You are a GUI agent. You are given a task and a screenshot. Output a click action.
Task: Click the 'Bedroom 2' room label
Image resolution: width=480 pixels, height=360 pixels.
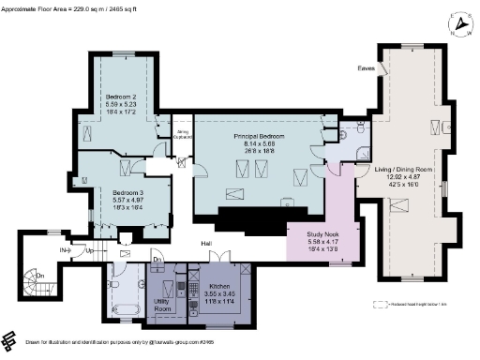pos(120,96)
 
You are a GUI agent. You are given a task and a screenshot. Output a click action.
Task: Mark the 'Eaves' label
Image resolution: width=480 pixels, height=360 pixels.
pos(366,67)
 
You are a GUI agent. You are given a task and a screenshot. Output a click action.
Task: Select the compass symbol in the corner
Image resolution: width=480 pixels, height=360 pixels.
pos(460,21)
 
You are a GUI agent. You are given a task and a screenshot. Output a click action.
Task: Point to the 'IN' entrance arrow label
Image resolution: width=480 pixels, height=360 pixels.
pos(66,251)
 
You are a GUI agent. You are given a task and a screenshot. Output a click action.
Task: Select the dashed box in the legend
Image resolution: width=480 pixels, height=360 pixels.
pos(380,304)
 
